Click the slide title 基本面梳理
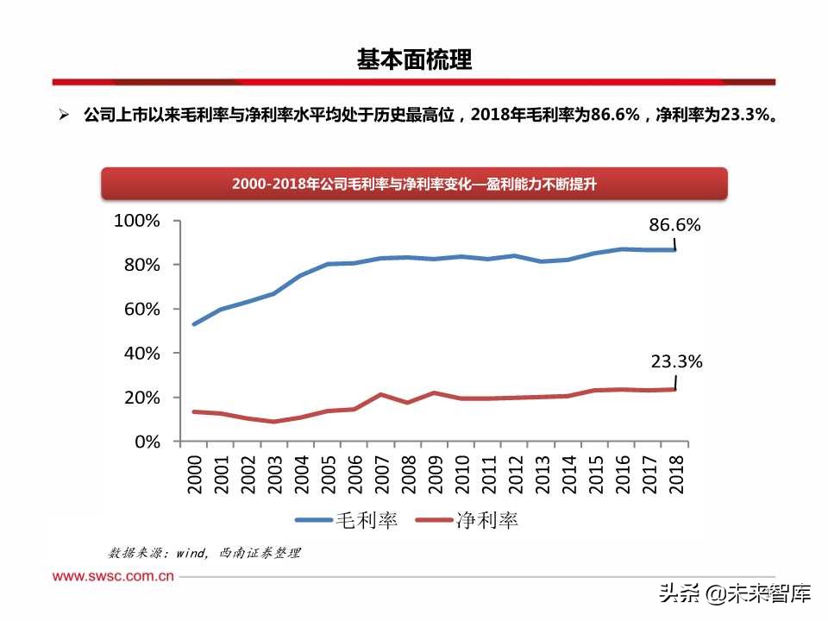(414, 60)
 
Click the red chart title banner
(414, 184)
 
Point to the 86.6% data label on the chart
(674, 225)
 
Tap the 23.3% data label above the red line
(675, 362)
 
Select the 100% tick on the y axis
(137, 221)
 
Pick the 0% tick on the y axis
(146, 442)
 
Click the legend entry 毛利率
(346, 520)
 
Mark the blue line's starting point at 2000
(194, 324)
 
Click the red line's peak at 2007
(381, 394)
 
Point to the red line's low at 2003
(273, 422)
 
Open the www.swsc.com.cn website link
(113, 576)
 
